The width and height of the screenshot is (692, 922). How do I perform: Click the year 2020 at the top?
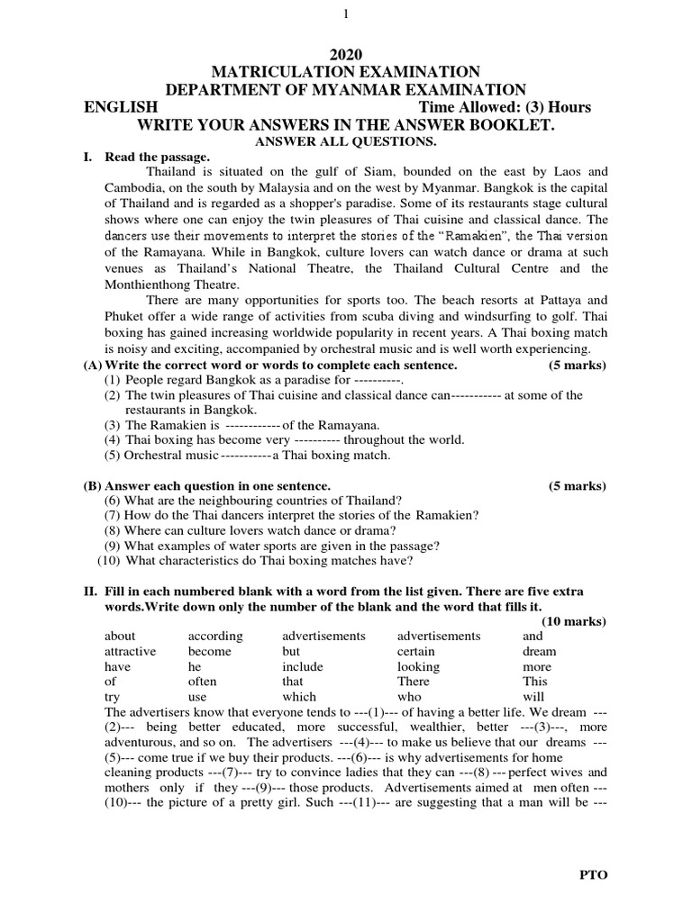pos(346,55)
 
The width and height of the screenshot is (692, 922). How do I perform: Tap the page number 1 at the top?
pos(346,14)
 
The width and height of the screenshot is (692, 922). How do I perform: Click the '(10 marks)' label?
pos(574,621)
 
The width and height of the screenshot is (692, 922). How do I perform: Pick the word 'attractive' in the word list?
pos(130,651)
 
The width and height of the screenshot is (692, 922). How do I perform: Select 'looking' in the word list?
pos(418,666)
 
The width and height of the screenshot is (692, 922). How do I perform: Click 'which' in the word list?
pos(299,696)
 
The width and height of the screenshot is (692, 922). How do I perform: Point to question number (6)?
pos(112,500)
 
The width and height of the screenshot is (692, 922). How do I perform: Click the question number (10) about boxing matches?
pos(109,560)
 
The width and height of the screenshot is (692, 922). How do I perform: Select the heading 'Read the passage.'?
pos(157,156)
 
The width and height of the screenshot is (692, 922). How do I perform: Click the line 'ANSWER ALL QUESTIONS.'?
pos(346,141)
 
